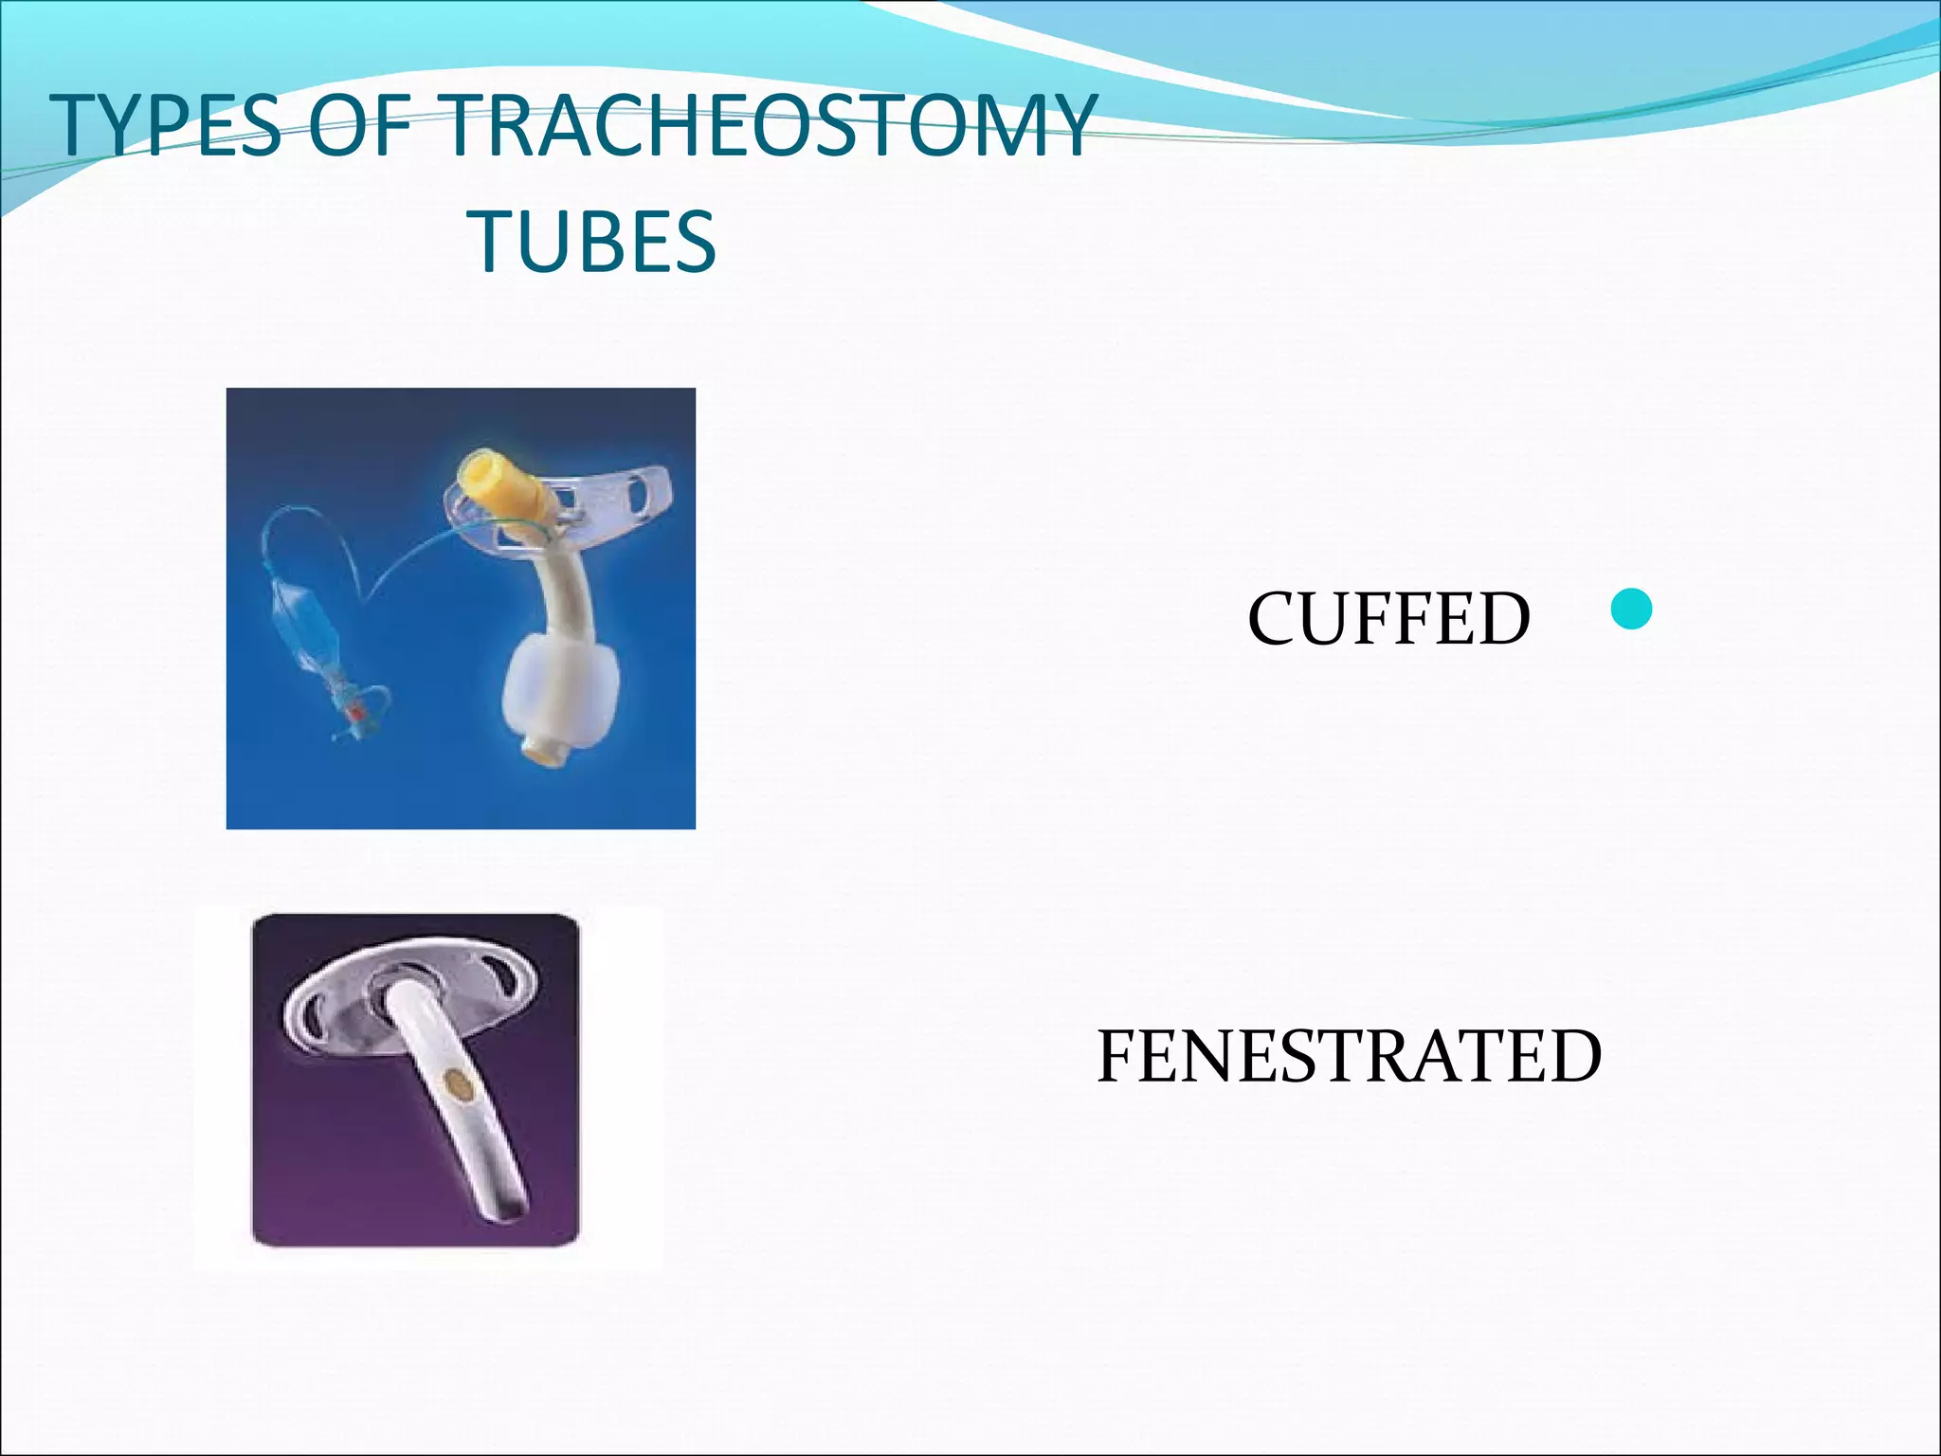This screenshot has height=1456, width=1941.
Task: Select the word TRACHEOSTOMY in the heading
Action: tap(768, 126)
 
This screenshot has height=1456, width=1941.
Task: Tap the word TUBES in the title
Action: tap(595, 242)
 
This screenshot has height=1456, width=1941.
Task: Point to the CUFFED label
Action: tap(1388, 618)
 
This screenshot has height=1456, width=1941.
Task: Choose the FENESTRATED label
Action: tap(1349, 1056)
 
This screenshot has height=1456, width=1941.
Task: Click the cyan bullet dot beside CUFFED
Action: tap(1631, 610)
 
